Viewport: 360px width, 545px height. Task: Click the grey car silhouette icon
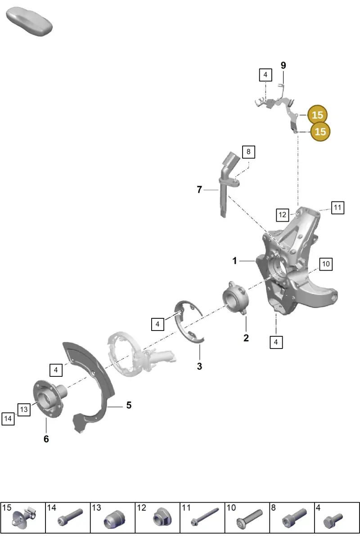pos(29,22)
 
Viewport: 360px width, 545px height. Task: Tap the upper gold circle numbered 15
pos(317,115)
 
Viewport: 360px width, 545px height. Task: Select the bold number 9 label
pos(283,65)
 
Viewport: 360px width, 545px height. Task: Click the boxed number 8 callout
pos(248,152)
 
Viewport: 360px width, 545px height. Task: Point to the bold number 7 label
pos(199,189)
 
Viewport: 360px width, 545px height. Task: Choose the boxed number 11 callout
pos(337,208)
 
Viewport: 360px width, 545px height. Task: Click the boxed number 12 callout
pos(282,215)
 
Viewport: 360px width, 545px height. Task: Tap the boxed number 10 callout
pos(326,264)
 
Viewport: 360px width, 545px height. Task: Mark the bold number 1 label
pos(234,260)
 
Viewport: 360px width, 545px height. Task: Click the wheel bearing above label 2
pos(236,298)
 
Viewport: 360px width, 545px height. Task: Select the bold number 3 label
pos(200,366)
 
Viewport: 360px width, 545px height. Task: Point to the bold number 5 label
pos(129,405)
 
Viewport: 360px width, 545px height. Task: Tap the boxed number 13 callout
pos(24,409)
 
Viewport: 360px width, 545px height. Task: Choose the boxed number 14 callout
pos(8,419)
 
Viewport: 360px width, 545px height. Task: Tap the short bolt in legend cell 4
pos(333,521)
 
